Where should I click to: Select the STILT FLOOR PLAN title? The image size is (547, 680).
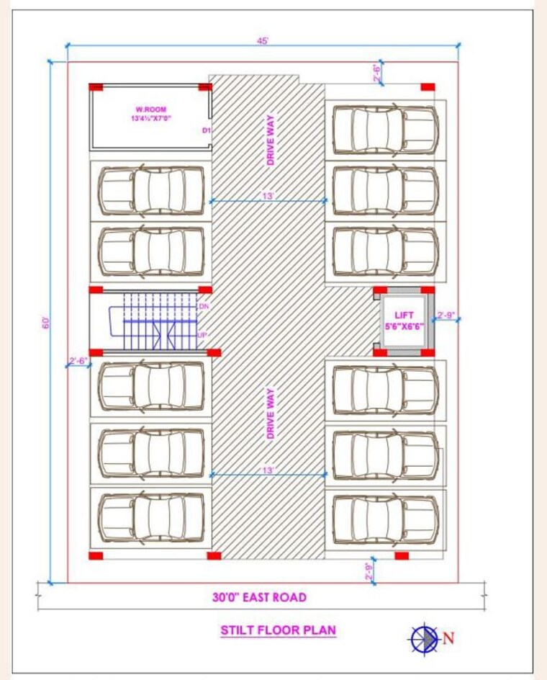tap(278, 630)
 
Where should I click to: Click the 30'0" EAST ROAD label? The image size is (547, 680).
tap(259, 597)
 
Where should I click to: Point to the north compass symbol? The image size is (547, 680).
tap(425, 638)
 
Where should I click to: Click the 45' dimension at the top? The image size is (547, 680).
tap(263, 41)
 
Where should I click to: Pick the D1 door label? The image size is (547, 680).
tap(205, 130)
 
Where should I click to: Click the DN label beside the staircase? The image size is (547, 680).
tap(203, 306)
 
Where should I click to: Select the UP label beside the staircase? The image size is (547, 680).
tap(203, 336)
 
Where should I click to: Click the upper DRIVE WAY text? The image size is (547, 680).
tap(271, 141)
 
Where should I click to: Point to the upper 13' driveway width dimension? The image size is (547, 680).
tap(268, 197)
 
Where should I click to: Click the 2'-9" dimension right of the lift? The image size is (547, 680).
tap(447, 316)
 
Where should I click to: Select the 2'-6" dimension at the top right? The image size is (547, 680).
tap(376, 72)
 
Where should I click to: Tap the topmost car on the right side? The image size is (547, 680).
tap(385, 130)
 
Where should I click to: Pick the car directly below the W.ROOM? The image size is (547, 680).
tap(151, 191)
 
